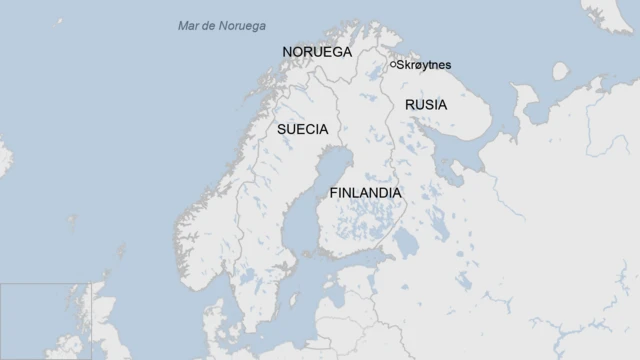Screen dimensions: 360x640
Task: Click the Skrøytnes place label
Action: (425, 66)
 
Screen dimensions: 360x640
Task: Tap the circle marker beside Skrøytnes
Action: (393, 65)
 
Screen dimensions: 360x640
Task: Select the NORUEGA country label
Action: (317, 51)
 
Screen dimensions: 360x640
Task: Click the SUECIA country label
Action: (302, 129)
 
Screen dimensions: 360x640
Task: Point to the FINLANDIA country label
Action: (365, 193)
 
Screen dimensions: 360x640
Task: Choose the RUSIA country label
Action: (426, 104)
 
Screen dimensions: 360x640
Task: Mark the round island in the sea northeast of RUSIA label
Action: (560, 71)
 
